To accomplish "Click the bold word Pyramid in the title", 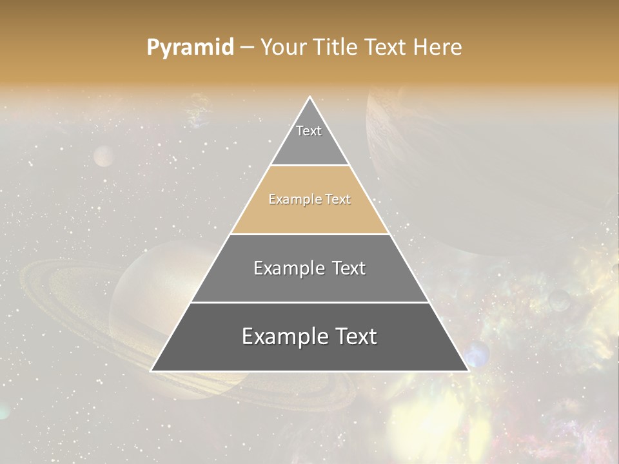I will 190,48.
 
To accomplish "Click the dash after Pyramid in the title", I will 247,48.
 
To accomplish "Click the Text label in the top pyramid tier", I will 309,131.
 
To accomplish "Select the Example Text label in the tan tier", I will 309,200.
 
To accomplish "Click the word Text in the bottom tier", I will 353,337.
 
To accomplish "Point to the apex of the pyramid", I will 309,97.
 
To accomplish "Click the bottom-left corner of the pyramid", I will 152,371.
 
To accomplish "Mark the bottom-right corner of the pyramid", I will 468,371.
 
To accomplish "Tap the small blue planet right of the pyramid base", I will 477,354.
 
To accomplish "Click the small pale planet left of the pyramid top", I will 103,156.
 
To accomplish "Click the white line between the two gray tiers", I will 309,302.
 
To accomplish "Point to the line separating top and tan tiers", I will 309,165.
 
